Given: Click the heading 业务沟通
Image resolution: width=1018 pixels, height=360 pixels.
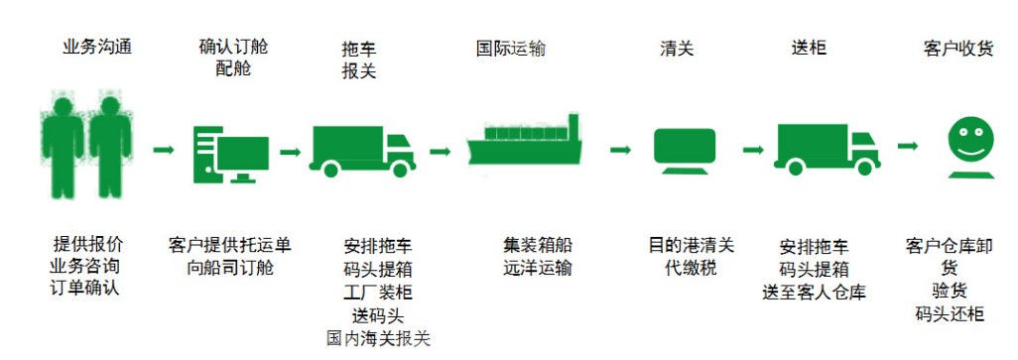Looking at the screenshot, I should click(x=95, y=48).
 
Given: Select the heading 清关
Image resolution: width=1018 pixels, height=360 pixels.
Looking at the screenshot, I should click(x=676, y=48).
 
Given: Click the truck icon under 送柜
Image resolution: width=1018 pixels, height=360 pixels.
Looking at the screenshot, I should click(x=826, y=149).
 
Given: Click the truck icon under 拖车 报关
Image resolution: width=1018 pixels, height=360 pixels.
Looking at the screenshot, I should click(x=363, y=149).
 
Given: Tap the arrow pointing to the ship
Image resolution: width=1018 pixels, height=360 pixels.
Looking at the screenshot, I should click(x=441, y=152).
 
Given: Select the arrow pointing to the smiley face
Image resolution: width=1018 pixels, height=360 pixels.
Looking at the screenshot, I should click(x=908, y=146).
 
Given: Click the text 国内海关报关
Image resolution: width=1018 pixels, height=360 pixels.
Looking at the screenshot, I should click(x=378, y=338).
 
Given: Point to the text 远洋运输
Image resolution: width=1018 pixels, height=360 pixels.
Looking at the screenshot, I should click(x=537, y=268).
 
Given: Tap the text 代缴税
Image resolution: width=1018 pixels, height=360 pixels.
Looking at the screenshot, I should click(x=685, y=268).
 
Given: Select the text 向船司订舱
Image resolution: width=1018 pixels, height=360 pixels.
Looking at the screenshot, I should click(x=229, y=268).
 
